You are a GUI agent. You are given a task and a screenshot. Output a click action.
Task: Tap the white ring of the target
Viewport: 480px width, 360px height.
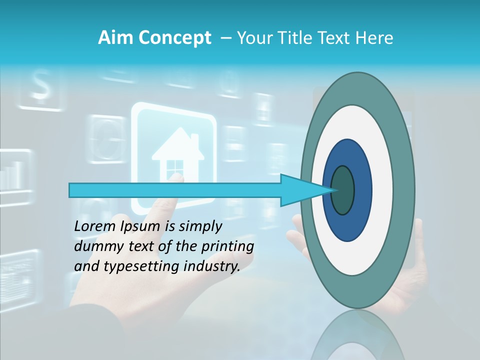point(382,190)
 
